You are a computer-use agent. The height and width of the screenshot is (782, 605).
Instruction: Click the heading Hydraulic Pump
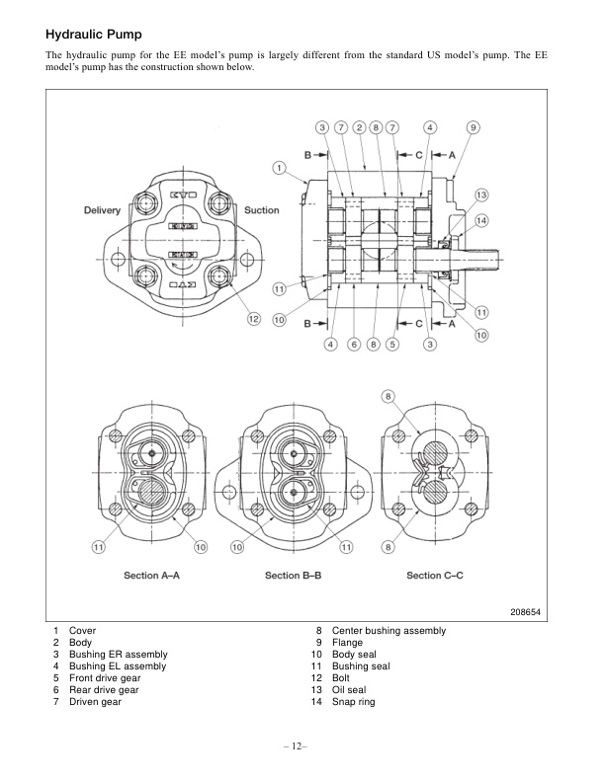pos(95,34)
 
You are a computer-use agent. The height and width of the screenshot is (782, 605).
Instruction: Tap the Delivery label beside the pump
pos(103,210)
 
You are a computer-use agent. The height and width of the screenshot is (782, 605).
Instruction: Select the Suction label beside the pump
pos(262,210)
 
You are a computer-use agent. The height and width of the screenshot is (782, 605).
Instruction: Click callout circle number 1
pos(280,167)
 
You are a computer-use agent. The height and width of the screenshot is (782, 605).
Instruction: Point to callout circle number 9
pos(474,127)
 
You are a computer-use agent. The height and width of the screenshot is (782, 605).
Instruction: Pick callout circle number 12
pos(253,318)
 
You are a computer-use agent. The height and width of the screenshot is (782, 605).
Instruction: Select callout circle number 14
pos(481,220)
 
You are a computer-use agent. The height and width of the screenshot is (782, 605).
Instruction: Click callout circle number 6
pos(353,344)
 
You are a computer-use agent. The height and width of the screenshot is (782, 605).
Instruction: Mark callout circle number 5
pos(392,344)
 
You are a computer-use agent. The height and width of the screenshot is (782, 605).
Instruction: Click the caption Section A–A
pos(151,575)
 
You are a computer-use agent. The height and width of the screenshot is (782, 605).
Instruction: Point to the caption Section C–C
pos(437,575)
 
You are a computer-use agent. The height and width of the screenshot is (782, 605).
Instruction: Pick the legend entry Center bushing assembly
pos(389,630)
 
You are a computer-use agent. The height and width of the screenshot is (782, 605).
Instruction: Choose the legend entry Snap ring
pos(354,702)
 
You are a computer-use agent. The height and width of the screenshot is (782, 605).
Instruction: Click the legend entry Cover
pos(82,630)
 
